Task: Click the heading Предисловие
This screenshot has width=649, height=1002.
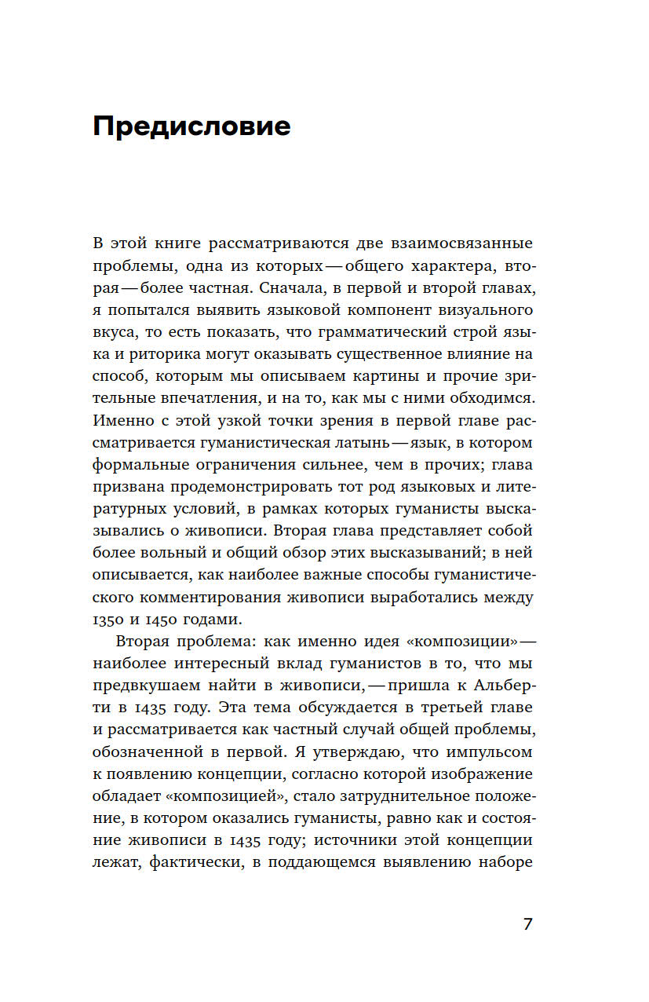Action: tap(191, 126)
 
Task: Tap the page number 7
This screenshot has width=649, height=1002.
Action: tap(527, 923)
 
